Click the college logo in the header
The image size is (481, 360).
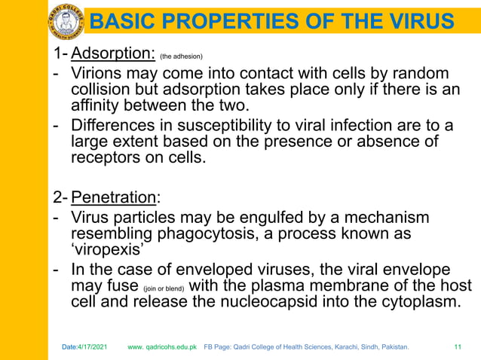pyautogui.click(x=66, y=20)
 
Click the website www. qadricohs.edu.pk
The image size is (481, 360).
pyautogui.click(x=163, y=347)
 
